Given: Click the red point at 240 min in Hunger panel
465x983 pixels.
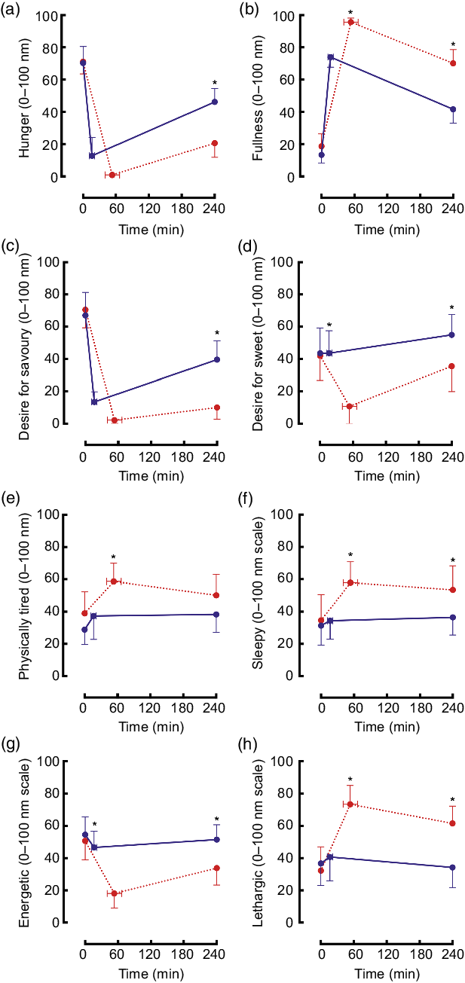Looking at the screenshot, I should click(215, 143).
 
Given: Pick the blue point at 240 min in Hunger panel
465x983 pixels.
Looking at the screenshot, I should click(215, 102).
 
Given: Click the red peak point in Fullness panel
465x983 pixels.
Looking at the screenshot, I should click(351, 23).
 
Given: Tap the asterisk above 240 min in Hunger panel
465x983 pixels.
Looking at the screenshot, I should click(215, 83).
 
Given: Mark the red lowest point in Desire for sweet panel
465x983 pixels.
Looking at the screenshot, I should click(350, 406).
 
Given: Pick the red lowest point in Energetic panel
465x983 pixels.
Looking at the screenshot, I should click(115, 893).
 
